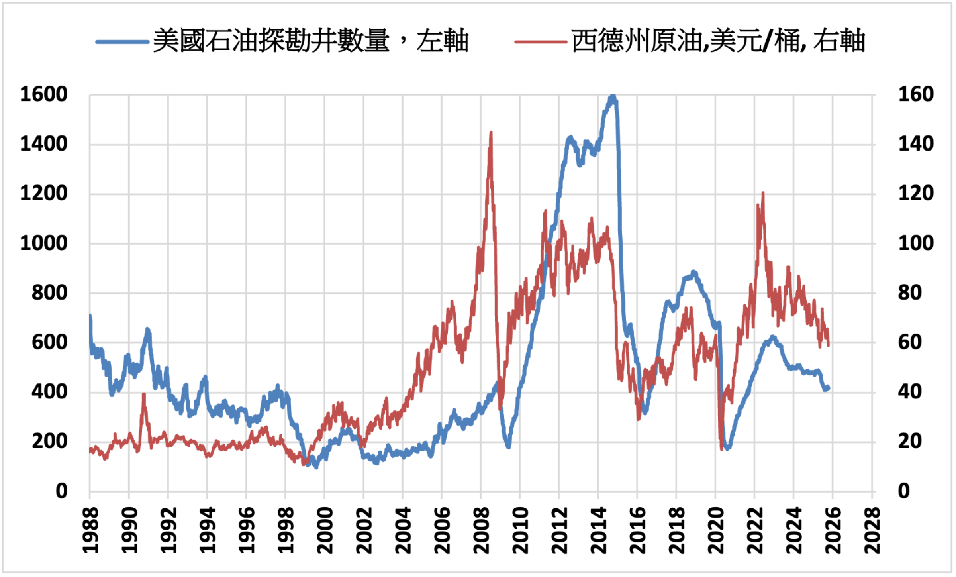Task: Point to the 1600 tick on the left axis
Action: pos(44,95)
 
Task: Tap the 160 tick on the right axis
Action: pos(916,95)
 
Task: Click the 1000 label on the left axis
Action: pos(44,243)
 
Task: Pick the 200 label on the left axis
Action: pos(50,442)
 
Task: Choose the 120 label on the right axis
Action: pos(916,194)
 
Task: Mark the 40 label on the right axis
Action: pos(910,392)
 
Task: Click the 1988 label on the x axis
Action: pos(90,530)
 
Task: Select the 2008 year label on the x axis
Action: pos(481,530)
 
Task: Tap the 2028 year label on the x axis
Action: pos(872,530)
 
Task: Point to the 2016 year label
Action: pos(637,530)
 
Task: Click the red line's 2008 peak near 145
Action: pos(491,133)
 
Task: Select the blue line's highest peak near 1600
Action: pos(613,96)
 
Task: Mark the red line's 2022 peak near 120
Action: pos(763,193)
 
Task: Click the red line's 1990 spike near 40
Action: pos(144,394)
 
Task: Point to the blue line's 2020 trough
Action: pos(727,448)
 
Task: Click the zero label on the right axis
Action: pos(904,491)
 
